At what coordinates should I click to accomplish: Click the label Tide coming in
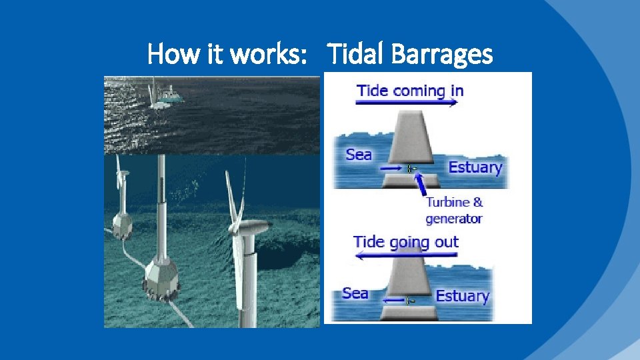(409, 90)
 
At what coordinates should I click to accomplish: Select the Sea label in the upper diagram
(359, 155)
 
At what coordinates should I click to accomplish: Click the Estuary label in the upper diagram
(475, 167)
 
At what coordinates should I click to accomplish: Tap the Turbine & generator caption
(454, 210)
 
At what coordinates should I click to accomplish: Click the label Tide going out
(405, 241)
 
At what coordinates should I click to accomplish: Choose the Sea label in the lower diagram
(355, 293)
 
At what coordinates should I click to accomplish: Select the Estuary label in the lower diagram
(462, 295)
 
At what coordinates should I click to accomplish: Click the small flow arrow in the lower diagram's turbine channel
(394, 301)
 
